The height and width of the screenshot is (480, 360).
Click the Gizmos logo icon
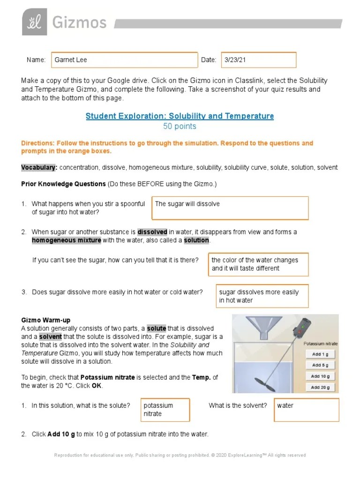tap(34, 22)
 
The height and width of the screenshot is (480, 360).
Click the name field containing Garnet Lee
tap(124, 60)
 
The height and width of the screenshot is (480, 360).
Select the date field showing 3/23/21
tap(259, 60)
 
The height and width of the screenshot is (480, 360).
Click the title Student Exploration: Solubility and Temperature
tap(180, 116)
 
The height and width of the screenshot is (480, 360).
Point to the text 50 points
tap(180, 127)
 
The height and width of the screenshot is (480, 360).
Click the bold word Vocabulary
tap(39, 167)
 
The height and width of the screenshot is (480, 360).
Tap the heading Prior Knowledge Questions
tap(63, 184)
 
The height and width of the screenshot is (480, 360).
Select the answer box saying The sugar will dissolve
tap(230, 208)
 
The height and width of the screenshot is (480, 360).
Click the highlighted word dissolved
tap(152, 232)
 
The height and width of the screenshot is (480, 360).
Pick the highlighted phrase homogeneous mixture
tap(67, 240)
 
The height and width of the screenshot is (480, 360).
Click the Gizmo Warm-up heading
tap(46, 320)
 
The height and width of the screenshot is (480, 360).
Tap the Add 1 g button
tap(321, 354)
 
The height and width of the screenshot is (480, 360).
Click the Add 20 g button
tap(321, 387)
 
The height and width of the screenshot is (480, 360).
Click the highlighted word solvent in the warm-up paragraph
tap(51, 337)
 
